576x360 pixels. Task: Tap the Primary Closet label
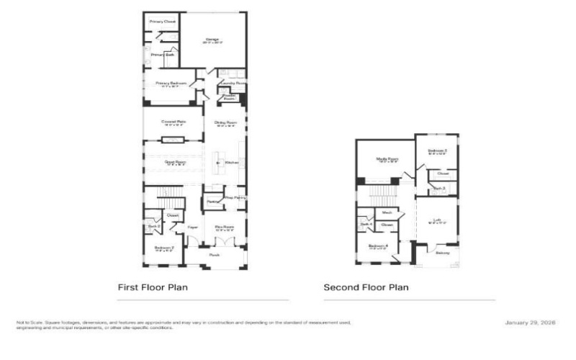coord(162,22)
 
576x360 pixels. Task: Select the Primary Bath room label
coord(162,55)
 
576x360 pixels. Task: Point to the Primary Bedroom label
coord(171,83)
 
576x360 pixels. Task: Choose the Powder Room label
coord(229,96)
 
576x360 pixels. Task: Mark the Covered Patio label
coord(173,122)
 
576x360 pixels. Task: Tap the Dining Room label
coord(225,122)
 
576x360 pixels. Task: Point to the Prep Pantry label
coord(235,197)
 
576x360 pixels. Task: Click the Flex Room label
coord(225,227)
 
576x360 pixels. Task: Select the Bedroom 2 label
coord(163,248)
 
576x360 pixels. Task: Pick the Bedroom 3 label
coord(437,150)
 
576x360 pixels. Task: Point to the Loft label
coord(437,221)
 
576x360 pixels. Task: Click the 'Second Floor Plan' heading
coord(366,287)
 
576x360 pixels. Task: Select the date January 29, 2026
coord(535,323)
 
